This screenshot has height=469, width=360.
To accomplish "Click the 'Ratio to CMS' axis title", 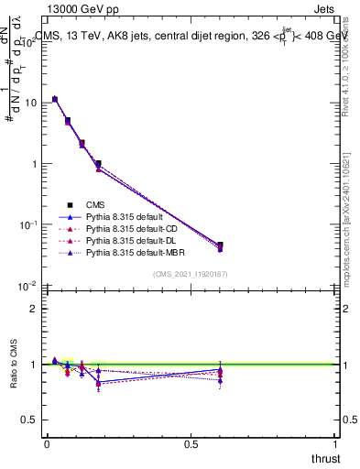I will [14, 365].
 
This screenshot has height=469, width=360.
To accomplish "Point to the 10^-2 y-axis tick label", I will [27, 286].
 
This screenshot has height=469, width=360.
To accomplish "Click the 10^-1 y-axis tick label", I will [27, 224].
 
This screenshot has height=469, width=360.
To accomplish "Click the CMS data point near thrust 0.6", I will [220, 245].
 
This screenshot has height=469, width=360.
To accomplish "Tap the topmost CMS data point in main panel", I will [55, 99].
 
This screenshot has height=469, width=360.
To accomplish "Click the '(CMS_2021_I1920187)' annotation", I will [191, 274].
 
